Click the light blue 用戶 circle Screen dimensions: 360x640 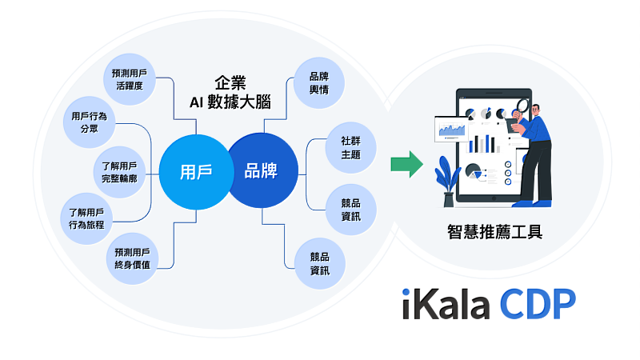[196, 171]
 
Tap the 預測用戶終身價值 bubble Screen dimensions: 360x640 [132, 257]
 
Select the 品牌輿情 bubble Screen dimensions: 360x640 [320, 83]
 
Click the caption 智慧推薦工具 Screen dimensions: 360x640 [496, 233]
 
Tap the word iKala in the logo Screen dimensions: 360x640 [445, 304]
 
